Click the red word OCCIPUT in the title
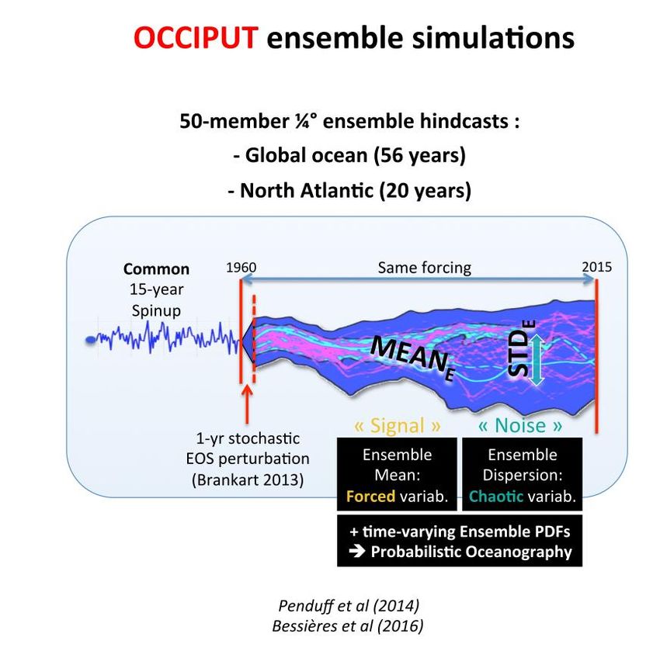click(x=196, y=37)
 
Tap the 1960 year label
click(x=241, y=268)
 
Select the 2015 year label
click(x=597, y=267)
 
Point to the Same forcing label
click(x=424, y=268)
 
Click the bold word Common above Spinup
click(x=156, y=269)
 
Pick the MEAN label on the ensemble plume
click(x=408, y=355)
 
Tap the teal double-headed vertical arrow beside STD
click(x=537, y=359)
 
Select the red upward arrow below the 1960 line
click(x=247, y=404)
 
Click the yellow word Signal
click(x=398, y=425)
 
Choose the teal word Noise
click(x=520, y=425)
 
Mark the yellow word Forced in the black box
click(x=370, y=497)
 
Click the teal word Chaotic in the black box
click(x=496, y=497)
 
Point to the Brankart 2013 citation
click(x=248, y=480)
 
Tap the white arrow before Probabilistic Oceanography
click(x=357, y=551)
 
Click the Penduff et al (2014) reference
click(x=349, y=605)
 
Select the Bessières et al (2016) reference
click(x=348, y=625)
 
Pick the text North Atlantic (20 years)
click(x=349, y=191)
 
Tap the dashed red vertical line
click(x=254, y=338)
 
